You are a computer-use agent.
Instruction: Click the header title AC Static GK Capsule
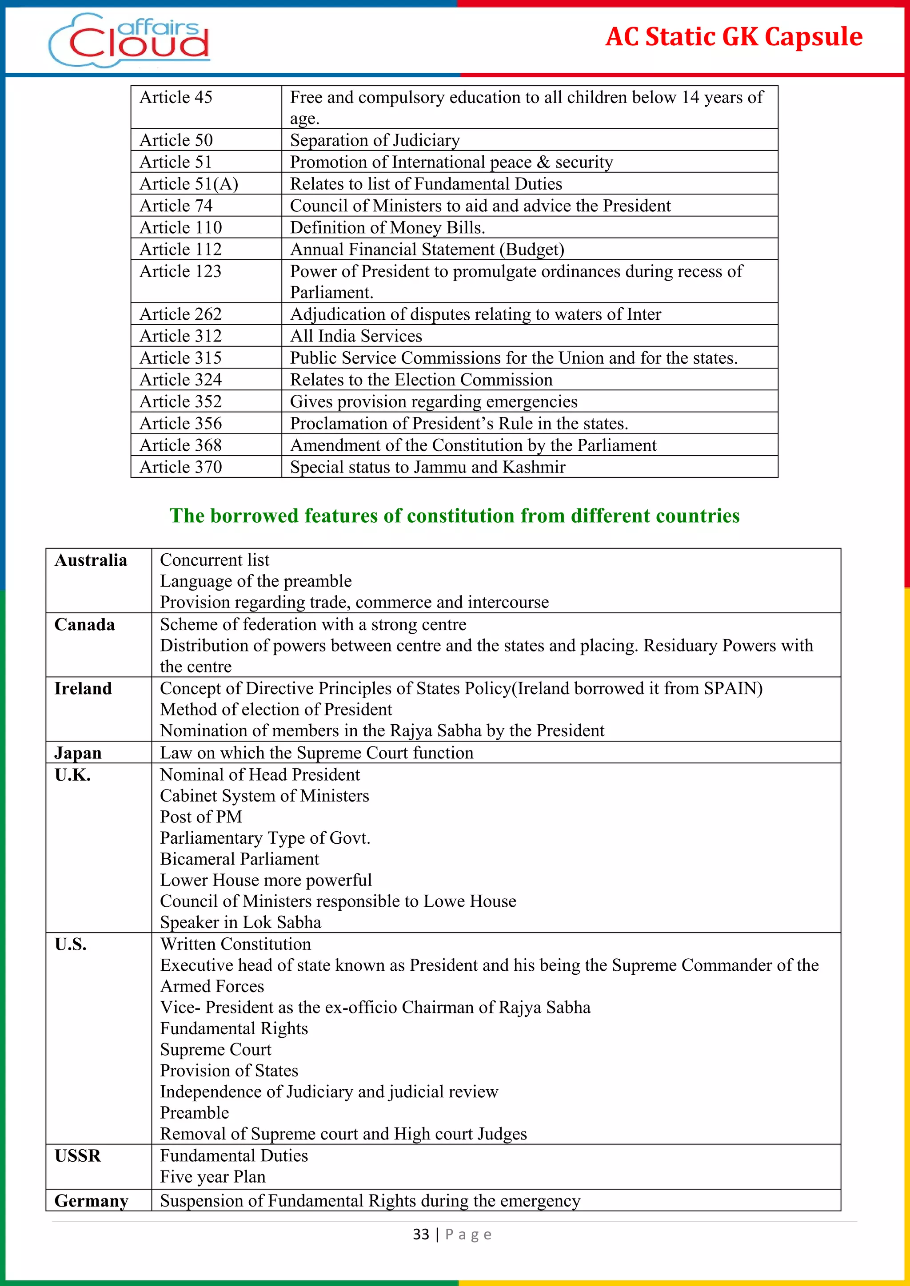pos(734,37)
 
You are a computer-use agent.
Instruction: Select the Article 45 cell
pos(176,97)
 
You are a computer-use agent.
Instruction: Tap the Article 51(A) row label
pos(189,184)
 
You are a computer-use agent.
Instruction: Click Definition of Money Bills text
pos(387,227)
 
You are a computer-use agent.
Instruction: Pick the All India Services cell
pos(356,336)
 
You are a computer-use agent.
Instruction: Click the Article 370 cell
pos(180,467)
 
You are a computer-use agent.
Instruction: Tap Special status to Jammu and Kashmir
pos(427,467)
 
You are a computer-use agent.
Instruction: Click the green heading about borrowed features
pos(455,515)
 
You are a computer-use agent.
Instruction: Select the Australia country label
pos(91,560)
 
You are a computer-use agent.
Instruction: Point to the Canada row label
pos(84,624)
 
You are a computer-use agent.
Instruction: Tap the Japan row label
pos(78,753)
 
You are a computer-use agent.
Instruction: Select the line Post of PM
pos(200,817)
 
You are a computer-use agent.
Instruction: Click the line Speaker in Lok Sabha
pos(240,922)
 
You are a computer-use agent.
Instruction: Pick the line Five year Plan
pos(212,1177)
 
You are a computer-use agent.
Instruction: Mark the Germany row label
pos(92,1201)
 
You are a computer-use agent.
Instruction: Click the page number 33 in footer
pos(421,1234)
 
